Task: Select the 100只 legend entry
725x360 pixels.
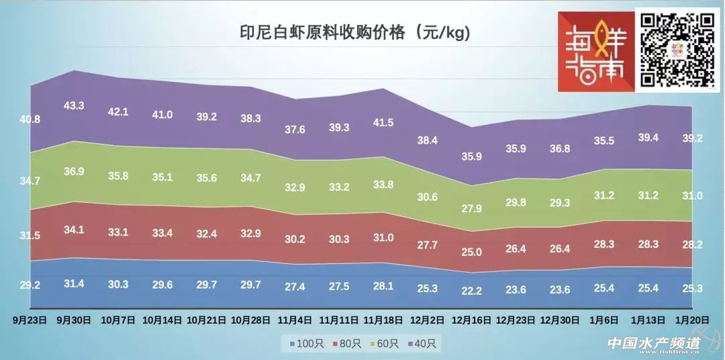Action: click(308, 343)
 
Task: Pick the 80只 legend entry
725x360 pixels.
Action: click(347, 343)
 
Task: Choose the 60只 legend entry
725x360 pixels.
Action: click(385, 343)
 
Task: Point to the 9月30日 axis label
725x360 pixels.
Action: click(73, 320)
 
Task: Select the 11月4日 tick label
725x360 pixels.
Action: click(295, 320)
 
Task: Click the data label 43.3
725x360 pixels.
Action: click(74, 105)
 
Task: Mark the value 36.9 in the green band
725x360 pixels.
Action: click(74, 171)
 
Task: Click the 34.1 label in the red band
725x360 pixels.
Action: click(74, 229)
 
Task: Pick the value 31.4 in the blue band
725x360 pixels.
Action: click(74, 283)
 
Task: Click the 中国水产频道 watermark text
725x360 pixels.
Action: click(653, 343)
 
